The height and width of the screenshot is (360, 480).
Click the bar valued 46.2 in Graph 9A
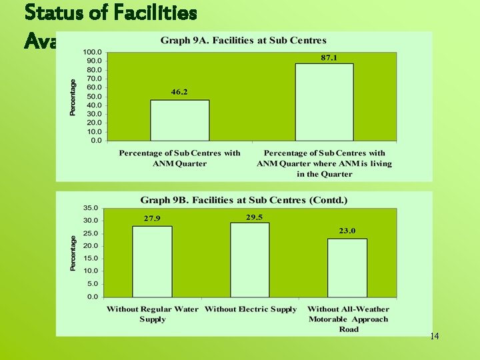(179, 120)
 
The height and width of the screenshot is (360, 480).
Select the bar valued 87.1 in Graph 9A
(324, 102)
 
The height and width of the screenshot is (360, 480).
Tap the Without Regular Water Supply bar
(152, 261)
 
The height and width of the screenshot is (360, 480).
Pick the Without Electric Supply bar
(249, 259)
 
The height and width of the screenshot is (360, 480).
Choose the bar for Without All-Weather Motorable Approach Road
(347, 267)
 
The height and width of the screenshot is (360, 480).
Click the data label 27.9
(152, 219)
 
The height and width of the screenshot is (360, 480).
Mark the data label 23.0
(347, 231)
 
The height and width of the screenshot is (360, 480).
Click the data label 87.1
(329, 58)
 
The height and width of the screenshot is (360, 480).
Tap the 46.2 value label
(179, 92)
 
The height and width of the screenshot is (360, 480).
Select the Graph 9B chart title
(243, 200)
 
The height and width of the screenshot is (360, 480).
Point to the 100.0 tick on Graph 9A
(92, 52)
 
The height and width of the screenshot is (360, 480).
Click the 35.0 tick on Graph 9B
(90, 208)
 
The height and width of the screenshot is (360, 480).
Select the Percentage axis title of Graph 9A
(73, 97)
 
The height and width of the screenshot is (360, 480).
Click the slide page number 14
(434, 337)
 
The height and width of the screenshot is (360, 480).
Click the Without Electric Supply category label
(251, 309)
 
